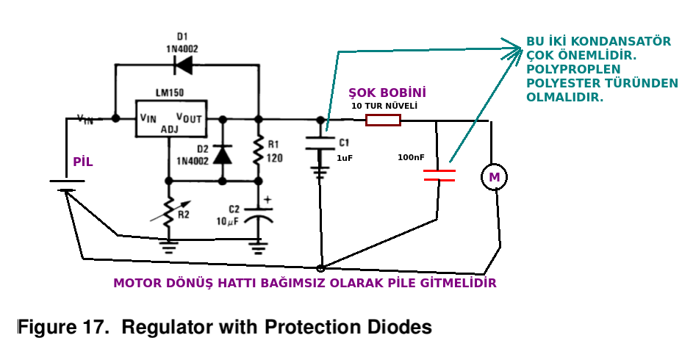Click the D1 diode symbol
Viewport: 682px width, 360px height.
coord(183,65)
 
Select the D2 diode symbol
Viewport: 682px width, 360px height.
coord(223,155)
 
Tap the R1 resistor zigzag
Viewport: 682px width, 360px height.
coord(259,150)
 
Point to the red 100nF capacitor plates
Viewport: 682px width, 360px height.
coord(439,175)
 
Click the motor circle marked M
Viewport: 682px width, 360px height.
coord(494,177)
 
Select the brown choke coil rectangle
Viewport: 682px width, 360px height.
coord(383,120)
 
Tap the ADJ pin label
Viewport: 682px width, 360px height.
coord(170,129)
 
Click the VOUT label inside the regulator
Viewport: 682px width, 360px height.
coord(189,118)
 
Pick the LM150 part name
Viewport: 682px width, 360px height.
coord(170,93)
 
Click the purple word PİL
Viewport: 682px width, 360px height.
coord(82,162)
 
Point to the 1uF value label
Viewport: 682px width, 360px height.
coord(345,158)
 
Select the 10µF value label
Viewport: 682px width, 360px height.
coord(228,221)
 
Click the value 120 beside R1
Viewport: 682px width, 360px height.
coord(274,157)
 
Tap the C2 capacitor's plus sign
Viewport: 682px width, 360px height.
coord(268,200)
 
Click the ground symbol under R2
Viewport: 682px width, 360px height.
coord(169,248)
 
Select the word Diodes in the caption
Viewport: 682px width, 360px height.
coord(397,327)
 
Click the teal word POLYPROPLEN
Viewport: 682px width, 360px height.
coord(573,69)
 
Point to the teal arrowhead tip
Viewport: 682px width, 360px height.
coord(523,48)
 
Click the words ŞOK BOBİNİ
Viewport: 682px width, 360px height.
coord(387,93)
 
